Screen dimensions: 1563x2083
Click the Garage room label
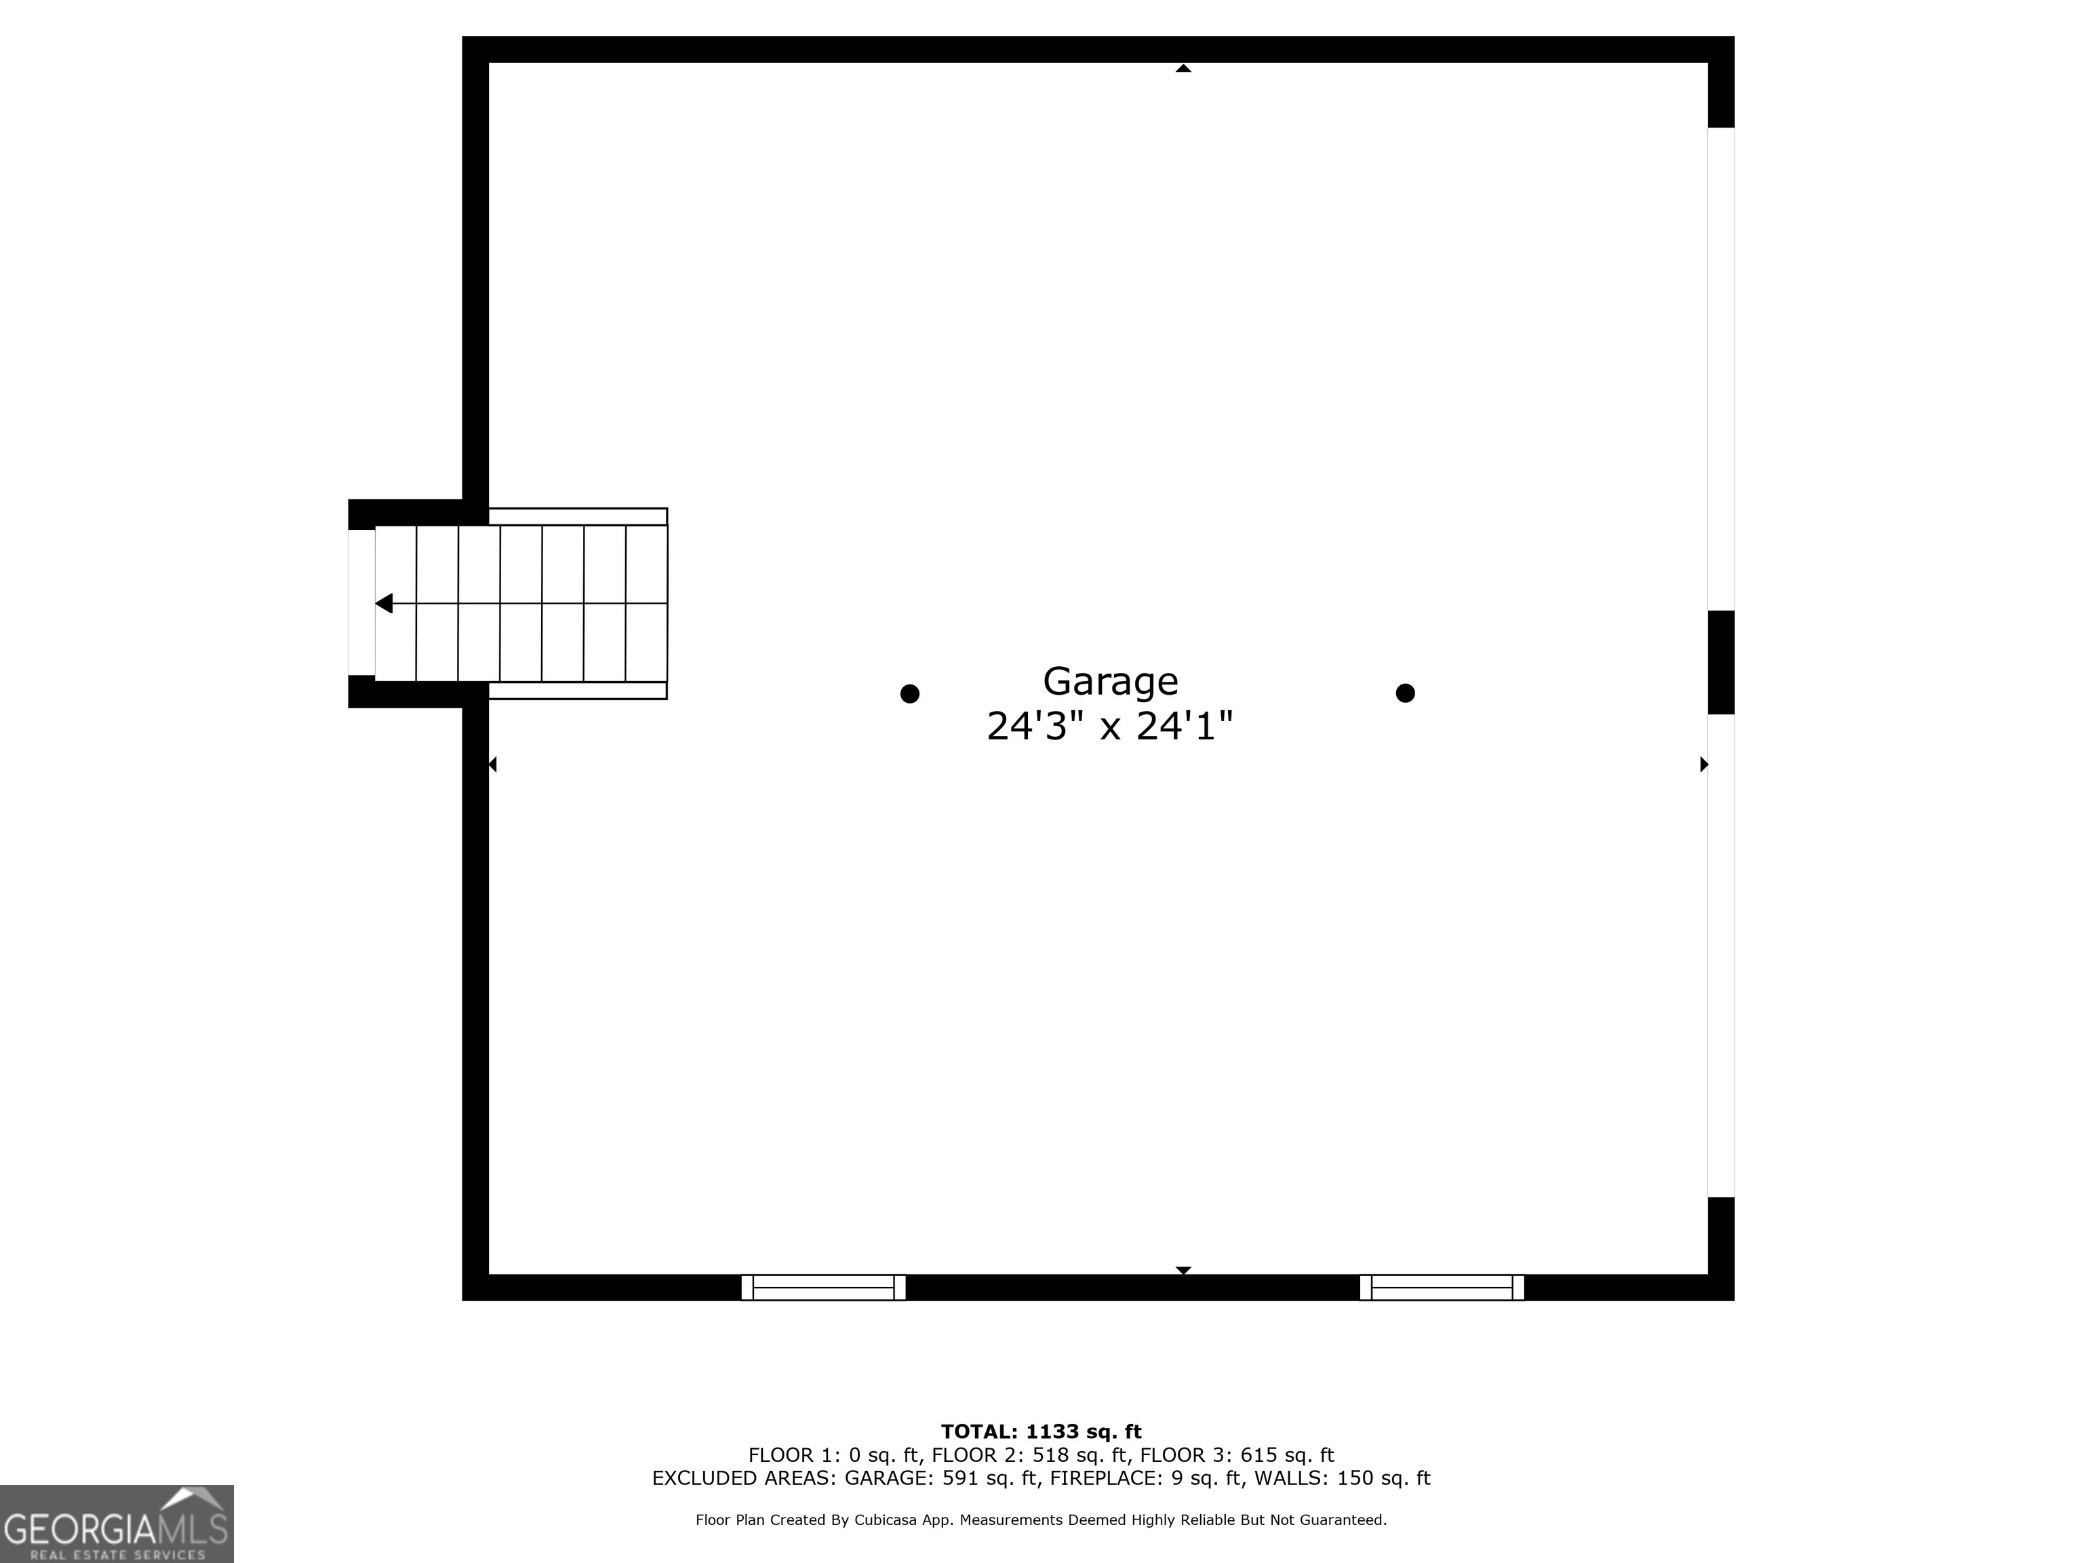pos(1109,681)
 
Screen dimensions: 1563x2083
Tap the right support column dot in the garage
pos(1404,693)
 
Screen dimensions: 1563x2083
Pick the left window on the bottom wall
pos(823,1287)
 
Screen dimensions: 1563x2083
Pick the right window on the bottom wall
pos(1441,1287)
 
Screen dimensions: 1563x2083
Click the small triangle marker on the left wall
pos(492,764)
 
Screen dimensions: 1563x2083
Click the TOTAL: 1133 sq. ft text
pos(1041,1432)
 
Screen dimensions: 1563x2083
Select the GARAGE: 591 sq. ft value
pos(942,1478)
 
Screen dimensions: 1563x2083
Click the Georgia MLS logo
pos(117,1524)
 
